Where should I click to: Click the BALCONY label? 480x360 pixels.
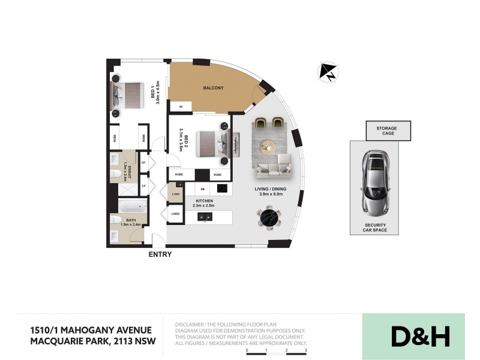(x=214, y=88)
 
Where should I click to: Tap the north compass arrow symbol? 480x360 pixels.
(x=328, y=72)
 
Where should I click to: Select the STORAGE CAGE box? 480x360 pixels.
(x=388, y=131)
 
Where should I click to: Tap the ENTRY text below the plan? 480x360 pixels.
(x=160, y=254)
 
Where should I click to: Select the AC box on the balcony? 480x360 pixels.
(x=180, y=106)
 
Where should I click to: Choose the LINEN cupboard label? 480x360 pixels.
(x=175, y=214)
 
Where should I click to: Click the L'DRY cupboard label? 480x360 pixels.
(x=176, y=194)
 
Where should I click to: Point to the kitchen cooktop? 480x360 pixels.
(x=221, y=188)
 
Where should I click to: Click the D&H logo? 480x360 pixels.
(x=420, y=337)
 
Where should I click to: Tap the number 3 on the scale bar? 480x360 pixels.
(x=306, y=349)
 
